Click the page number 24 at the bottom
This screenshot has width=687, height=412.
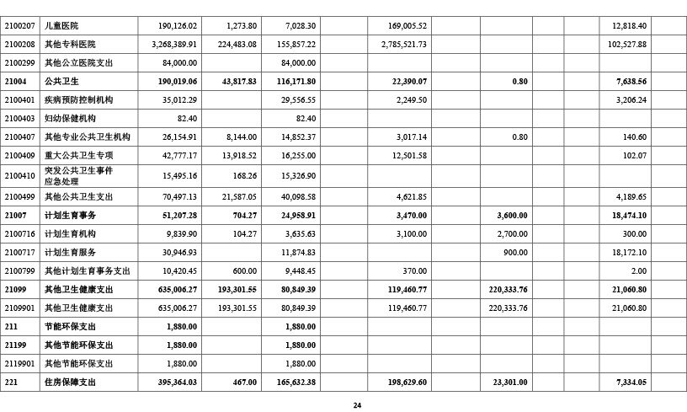pos(357,405)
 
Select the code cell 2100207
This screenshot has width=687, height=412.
pos(19,26)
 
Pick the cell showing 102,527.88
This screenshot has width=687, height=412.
pos(623,45)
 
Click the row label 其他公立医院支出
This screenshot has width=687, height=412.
pos(78,63)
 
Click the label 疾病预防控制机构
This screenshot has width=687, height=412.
pos(78,100)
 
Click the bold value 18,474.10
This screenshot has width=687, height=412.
pos(626,216)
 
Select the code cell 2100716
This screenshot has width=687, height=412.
pos(19,234)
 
